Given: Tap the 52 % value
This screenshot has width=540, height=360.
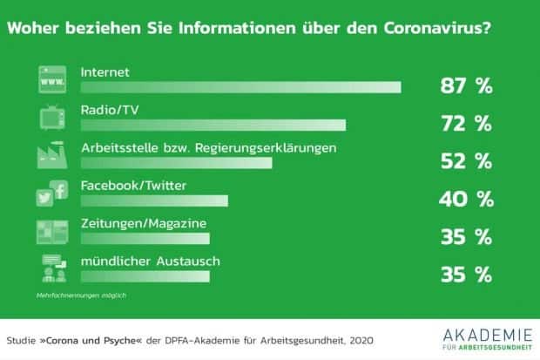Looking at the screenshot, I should pyautogui.click(x=465, y=161).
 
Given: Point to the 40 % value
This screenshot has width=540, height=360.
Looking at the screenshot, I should pyautogui.click(x=465, y=199).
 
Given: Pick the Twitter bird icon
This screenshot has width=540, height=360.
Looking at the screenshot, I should pyautogui.click(x=44, y=199).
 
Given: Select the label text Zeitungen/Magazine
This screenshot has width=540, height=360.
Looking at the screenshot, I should pyautogui.click(x=143, y=223).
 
